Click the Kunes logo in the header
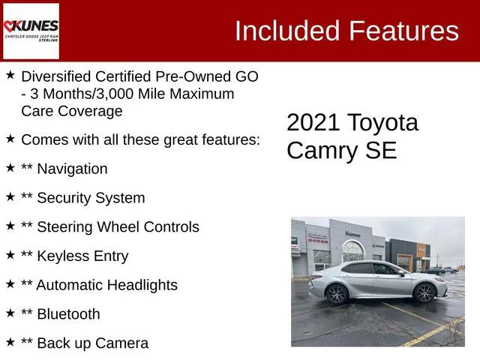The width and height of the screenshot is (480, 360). click(31, 30)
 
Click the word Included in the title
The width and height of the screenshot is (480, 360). click(286, 31)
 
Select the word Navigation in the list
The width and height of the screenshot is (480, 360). click(72, 169)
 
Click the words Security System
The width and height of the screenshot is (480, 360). click(91, 198)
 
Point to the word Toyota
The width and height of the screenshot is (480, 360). click(382, 123)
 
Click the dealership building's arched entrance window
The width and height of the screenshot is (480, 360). click(352, 250)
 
